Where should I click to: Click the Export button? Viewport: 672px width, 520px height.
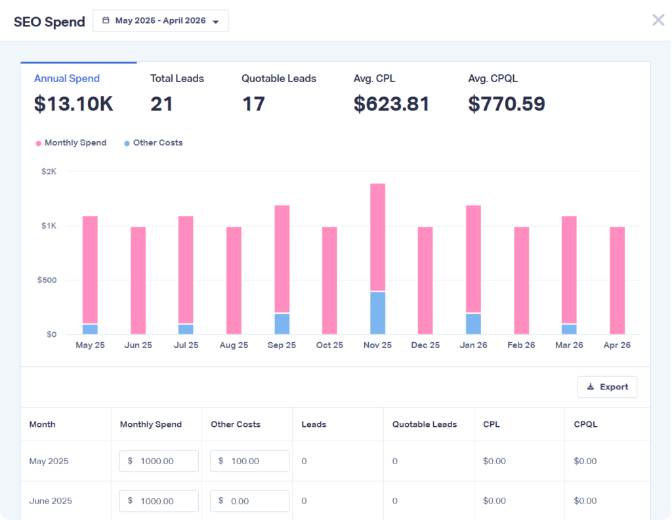pos(607,387)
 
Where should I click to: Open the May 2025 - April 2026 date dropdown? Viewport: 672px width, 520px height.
pos(161,21)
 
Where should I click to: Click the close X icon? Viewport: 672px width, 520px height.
pos(658,20)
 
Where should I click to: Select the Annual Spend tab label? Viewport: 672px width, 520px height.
pos(67,79)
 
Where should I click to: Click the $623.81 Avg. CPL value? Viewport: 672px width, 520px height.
pos(391,104)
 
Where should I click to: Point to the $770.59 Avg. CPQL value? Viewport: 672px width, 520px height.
pos(506,104)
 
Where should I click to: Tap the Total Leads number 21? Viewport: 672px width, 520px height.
pos(161,104)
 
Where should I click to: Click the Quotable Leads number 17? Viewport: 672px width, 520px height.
pos(253,104)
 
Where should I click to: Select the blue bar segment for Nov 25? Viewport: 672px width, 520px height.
pos(377,313)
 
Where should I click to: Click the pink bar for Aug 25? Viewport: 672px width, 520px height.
pos(234,280)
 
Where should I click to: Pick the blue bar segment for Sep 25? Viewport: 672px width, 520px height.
pos(282,324)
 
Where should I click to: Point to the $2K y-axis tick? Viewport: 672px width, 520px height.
pos(49,171)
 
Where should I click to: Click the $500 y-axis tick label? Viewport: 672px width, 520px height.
pos(47,280)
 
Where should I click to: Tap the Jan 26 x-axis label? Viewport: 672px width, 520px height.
pos(473,345)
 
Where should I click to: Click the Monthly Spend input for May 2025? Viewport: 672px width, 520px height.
pos(159,461)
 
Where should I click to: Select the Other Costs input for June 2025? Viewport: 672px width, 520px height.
pos(249,501)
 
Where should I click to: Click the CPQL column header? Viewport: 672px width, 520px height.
pos(585,424)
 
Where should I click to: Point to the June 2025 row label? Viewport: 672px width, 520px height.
pos(51,501)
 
